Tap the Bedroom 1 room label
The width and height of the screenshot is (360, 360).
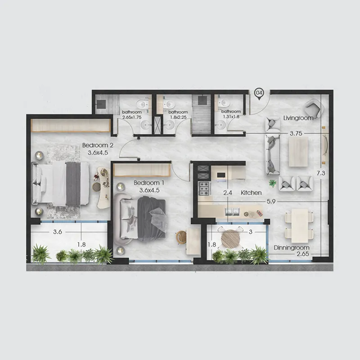[149, 183]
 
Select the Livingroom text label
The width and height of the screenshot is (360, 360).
[298, 118]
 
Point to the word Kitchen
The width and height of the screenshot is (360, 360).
[251, 193]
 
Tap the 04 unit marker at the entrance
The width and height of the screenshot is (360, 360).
[259, 93]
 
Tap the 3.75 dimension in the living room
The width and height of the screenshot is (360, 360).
[295, 134]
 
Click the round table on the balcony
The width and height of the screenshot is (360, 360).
[232, 236]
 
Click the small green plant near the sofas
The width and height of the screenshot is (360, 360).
[273, 183]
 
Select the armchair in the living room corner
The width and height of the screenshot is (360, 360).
[314, 109]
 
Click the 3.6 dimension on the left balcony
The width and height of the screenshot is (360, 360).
[57, 233]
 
